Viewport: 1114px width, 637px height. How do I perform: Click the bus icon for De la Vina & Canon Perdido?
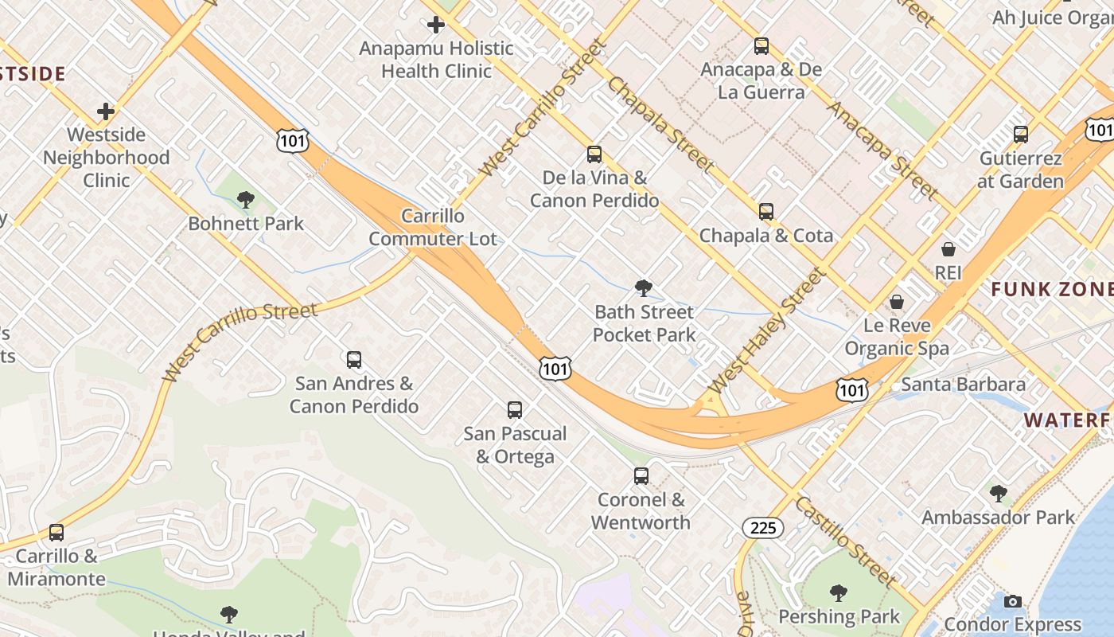coord(594,154)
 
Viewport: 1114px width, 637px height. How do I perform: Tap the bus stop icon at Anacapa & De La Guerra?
coord(761,46)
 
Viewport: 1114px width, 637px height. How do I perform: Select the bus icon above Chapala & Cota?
coord(766,212)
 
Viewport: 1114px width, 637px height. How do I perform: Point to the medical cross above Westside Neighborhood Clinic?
coord(106,111)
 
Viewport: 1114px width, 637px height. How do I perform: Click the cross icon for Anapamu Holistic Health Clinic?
coord(436,25)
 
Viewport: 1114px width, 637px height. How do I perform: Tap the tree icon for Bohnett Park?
coord(246,200)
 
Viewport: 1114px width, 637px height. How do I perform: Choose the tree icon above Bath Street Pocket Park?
coord(644,288)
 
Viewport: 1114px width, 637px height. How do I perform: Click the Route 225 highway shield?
coord(762,527)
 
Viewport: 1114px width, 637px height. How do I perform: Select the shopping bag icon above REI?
coord(948,249)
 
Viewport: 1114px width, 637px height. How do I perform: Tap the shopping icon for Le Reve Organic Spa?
coord(897,303)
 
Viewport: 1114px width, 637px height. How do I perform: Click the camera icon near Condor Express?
coord(1013,601)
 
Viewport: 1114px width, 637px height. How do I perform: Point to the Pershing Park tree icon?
coord(838,593)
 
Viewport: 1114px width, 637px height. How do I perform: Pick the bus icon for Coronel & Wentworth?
coord(641,476)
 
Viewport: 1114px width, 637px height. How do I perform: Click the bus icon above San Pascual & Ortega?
coord(515,410)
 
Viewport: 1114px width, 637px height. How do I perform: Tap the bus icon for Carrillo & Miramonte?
coord(56,532)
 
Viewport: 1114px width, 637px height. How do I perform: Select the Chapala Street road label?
coord(660,123)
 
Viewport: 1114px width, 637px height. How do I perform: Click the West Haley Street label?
coord(766,331)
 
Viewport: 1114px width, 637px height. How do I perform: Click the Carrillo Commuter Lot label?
coord(433,227)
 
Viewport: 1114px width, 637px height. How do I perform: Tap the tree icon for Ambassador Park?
coord(998,494)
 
